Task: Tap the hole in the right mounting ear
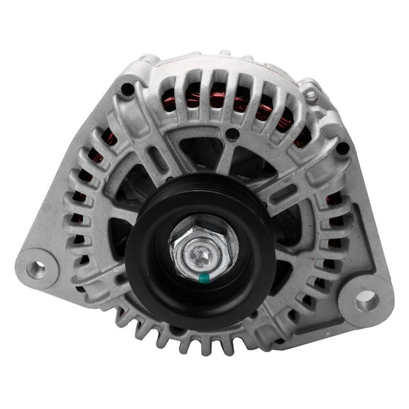coord(367,300)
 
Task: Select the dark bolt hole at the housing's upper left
coord(127,90)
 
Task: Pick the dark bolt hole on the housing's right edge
coord(342,148)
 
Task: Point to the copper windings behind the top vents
coord(213,99)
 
